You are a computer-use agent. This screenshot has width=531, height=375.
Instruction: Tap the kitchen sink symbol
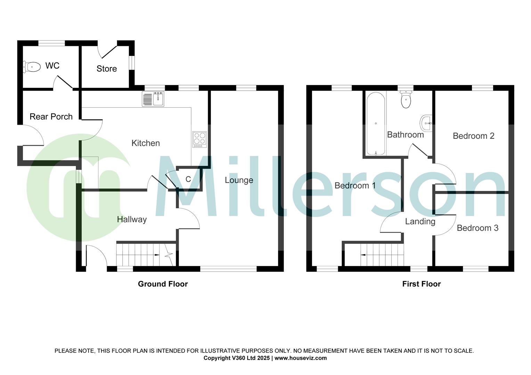[153, 99]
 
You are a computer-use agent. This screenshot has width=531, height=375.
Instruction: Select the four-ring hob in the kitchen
[199, 139]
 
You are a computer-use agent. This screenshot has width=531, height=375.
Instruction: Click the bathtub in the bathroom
[376, 123]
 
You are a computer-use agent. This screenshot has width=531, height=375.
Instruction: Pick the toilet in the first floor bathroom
[406, 99]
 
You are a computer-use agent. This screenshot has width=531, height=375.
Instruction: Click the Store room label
[107, 69]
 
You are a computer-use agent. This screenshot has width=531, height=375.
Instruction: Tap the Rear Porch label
[51, 117]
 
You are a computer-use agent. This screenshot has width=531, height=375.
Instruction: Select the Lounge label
[239, 180]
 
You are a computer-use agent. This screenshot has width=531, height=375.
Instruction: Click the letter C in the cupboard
[188, 179]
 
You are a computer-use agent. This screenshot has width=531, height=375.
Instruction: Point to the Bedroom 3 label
[477, 228]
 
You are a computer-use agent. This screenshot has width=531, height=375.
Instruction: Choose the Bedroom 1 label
[355, 185]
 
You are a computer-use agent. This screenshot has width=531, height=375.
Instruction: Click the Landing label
[420, 221]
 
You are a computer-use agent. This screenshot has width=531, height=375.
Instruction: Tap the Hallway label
[132, 219]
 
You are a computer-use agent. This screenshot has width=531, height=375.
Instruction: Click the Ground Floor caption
[163, 284]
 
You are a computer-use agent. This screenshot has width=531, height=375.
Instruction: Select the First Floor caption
[421, 284]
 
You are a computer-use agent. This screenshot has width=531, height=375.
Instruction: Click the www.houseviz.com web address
[301, 358]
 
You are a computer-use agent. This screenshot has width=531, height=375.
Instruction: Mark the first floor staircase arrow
[364, 255]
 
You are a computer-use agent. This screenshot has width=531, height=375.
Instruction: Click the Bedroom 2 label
[473, 136]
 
